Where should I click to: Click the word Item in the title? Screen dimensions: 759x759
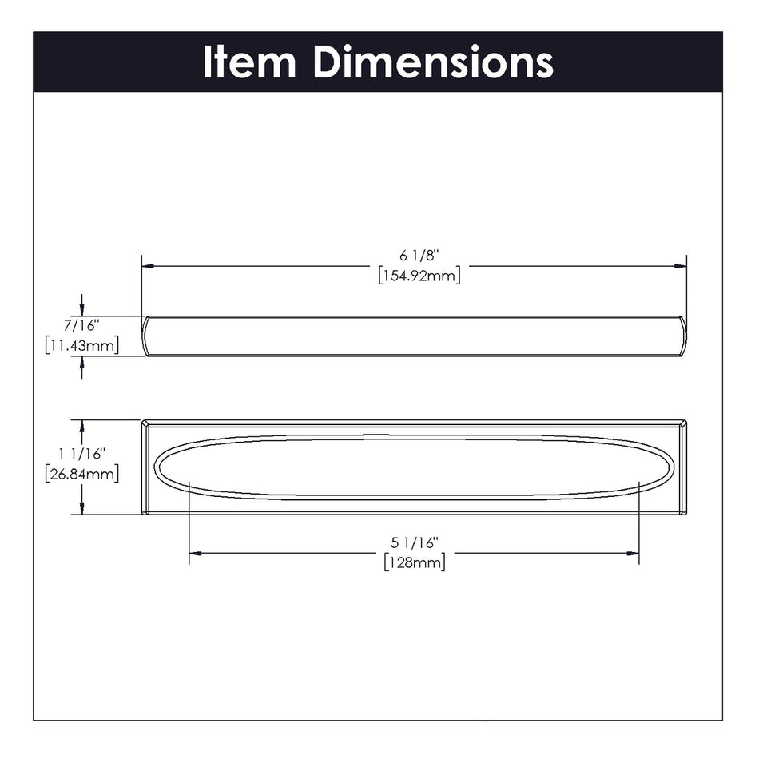click(x=249, y=62)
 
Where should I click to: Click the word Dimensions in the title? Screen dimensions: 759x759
click(x=432, y=62)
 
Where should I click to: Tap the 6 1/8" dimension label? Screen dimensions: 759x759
click(x=420, y=256)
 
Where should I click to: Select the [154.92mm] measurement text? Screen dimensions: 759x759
click(x=420, y=276)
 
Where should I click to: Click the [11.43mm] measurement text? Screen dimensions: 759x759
click(x=82, y=346)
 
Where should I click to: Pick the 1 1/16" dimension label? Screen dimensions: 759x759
click(x=82, y=455)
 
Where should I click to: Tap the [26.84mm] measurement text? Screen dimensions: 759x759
click(x=82, y=474)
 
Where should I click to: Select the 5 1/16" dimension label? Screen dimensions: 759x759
click(x=415, y=542)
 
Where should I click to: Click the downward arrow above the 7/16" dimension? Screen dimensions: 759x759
click(x=81, y=311)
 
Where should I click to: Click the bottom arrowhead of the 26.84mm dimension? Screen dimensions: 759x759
click(x=81, y=509)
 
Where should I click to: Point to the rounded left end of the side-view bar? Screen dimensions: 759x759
click(x=147, y=336)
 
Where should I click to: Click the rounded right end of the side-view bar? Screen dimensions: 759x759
click(x=682, y=336)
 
